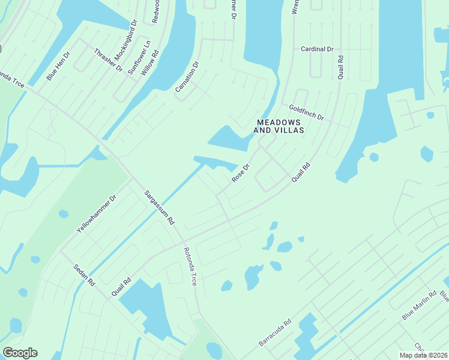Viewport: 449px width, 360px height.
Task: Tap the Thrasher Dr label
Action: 108,59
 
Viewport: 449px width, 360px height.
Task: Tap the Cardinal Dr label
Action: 317,49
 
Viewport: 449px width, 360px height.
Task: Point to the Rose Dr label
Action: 240,173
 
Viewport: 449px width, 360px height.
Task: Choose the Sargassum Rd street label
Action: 159,207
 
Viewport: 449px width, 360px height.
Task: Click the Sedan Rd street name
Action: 85,274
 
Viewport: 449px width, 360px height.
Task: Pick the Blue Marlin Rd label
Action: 419,305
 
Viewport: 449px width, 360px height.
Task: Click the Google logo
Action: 20,353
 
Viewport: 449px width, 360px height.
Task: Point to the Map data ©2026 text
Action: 423,355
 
